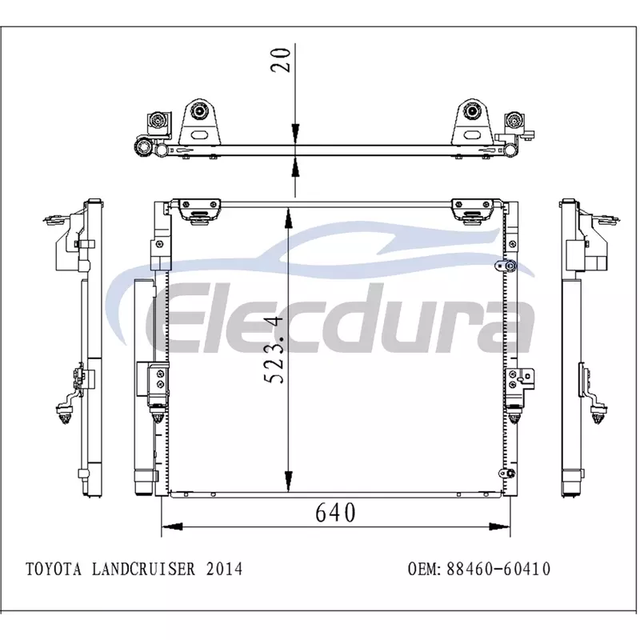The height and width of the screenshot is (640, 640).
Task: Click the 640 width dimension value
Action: click(335, 512)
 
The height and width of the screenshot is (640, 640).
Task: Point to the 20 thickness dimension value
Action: click(282, 61)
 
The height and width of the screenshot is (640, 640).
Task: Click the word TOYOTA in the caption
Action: click(54, 569)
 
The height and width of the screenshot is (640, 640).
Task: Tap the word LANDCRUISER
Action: click(144, 569)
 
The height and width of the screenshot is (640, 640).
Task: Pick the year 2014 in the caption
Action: click(224, 569)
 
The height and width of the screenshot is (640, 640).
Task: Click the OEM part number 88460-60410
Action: click(498, 569)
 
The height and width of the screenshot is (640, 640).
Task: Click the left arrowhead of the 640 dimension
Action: click(172, 526)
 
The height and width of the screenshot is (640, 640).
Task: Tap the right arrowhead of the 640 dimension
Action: click(499, 526)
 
